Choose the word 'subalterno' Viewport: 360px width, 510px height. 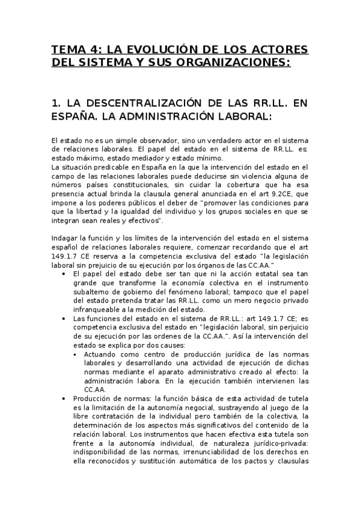(x=90, y=292)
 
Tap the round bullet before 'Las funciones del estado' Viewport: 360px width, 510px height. (x=64, y=319)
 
